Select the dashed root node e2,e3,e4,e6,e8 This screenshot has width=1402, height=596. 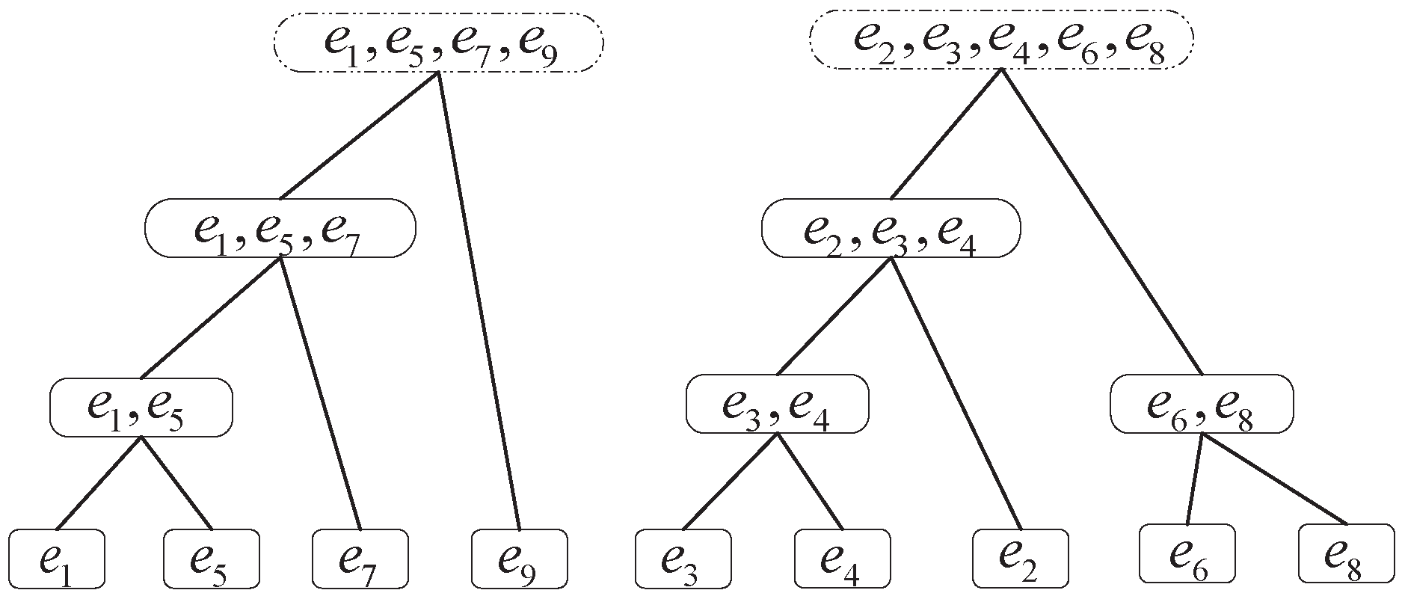[1001, 39]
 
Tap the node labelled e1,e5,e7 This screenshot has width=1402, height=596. [280, 227]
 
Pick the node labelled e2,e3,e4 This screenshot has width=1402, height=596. [891, 227]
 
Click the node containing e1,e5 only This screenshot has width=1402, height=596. [141, 407]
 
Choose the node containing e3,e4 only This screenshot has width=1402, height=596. [777, 405]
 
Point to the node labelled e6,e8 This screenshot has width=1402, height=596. [1201, 405]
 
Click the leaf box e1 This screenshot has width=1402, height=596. [57, 557]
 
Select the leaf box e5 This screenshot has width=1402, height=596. [212, 557]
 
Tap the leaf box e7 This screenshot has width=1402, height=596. [360, 557]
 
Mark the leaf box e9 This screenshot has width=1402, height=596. [520, 557]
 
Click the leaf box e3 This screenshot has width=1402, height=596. [683, 557]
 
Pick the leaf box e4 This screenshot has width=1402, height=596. [842, 557]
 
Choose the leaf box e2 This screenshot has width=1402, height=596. [1021, 557]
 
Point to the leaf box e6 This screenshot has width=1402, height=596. [1187, 553]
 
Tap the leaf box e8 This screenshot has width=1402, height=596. [1347, 553]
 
